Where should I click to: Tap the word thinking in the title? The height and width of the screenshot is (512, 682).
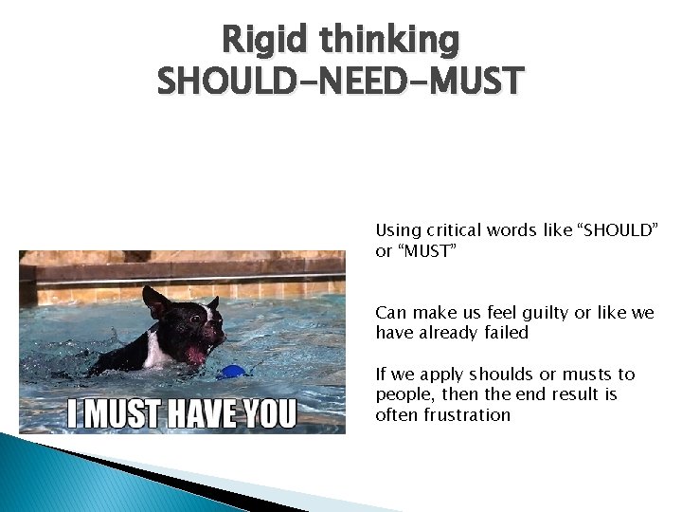(x=390, y=40)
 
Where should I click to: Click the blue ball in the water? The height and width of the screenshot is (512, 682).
(x=231, y=372)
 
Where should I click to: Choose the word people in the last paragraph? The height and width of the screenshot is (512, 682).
(x=402, y=394)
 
